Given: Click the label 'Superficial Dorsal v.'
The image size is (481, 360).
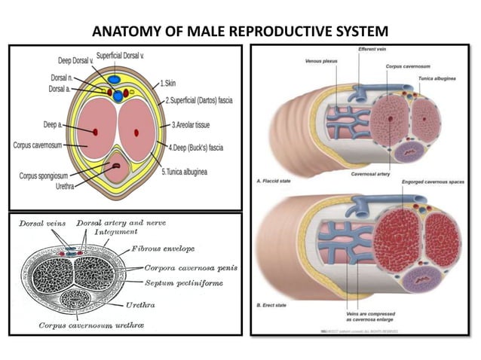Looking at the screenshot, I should coord(125,56).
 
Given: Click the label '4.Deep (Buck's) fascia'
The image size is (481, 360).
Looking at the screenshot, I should coord(200,148).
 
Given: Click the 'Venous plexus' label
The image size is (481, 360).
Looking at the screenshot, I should coord(319,61).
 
